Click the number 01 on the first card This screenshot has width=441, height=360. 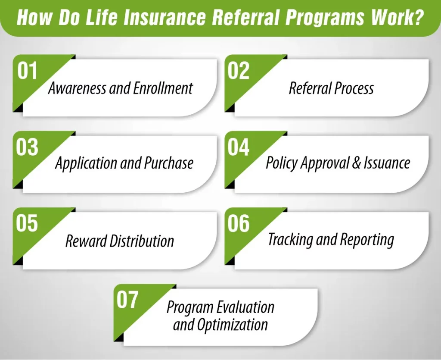tap(28, 71)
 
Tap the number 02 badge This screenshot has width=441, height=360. tap(239, 71)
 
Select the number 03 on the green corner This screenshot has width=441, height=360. tap(28, 147)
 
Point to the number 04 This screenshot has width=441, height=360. tap(239, 147)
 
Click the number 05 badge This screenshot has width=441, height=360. tap(28, 224)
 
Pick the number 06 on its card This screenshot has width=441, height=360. tap(239, 224)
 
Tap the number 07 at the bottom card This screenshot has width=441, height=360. tap(127, 300)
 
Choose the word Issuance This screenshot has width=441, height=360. tap(386, 163)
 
